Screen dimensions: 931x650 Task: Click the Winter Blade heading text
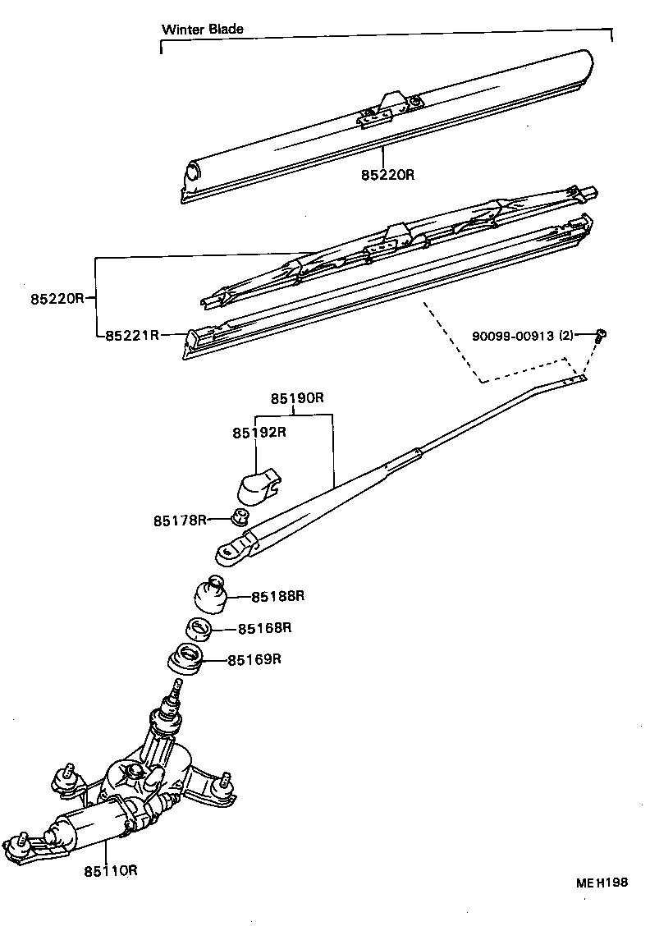[202, 30]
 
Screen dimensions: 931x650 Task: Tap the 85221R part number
[131, 335]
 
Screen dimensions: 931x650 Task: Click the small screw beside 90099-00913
[600, 333]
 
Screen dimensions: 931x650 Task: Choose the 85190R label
[298, 399]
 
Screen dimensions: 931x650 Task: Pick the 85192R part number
[259, 432]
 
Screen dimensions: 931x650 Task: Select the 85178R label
[180, 521]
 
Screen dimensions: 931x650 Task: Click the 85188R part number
[277, 597]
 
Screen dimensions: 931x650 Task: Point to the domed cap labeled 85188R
[210, 594]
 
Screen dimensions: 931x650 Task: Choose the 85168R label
[265, 628]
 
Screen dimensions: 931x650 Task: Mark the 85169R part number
[254, 659]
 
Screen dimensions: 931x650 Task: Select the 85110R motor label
[110, 870]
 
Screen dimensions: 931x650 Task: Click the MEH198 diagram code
[601, 883]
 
